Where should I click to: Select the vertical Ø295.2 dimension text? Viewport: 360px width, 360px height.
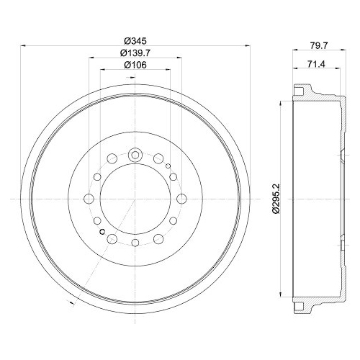(274, 199)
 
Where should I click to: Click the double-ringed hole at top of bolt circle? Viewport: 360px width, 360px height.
(134, 154)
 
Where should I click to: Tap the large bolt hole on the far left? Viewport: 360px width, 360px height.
(89, 199)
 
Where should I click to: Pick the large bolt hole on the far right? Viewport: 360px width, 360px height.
(179, 199)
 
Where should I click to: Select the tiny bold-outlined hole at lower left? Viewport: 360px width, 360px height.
(102, 232)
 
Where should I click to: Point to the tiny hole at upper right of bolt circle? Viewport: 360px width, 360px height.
(166, 167)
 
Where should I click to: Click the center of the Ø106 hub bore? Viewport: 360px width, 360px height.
(134, 199)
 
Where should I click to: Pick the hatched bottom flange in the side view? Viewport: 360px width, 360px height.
(305, 303)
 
